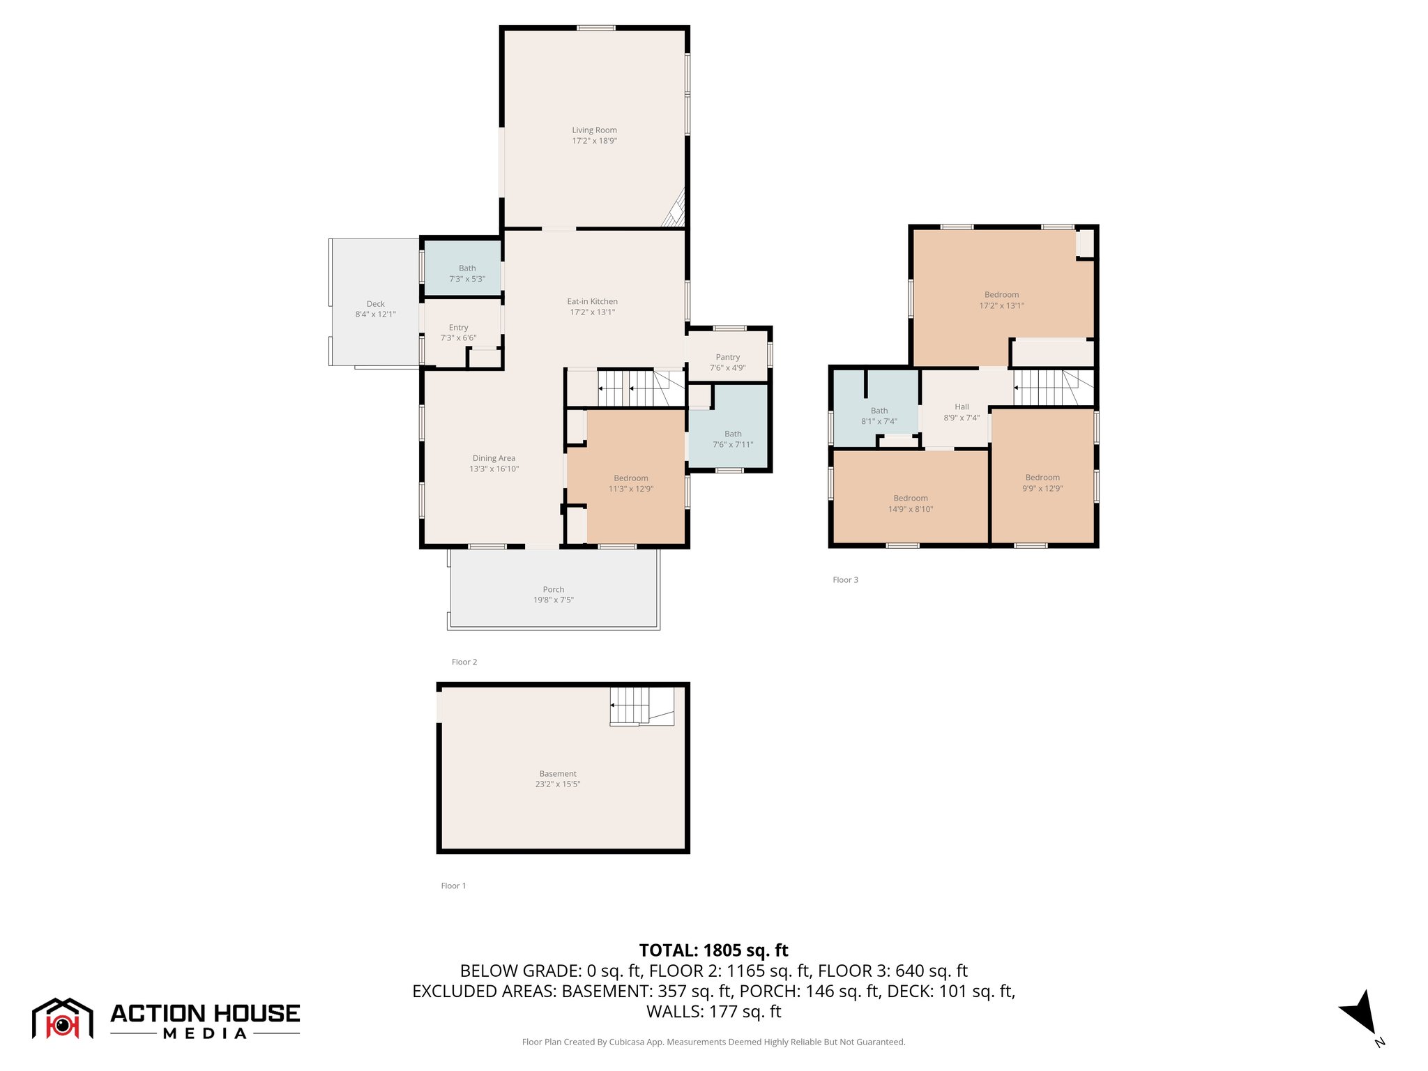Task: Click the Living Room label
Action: coord(594,130)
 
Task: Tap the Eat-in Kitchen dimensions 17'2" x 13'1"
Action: coord(593,312)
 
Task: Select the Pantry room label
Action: coord(727,357)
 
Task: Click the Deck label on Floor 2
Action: coord(375,304)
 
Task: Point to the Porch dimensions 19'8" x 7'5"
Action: coord(554,600)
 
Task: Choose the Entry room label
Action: coord(458,328)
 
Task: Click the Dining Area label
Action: coord(494,458)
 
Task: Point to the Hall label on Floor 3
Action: coord(962,407)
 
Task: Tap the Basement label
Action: coord(558,774)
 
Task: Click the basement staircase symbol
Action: coord(641,706)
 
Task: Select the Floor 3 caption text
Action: coord(845,580)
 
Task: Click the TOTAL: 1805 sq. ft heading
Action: coord(713,950)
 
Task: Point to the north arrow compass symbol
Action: coord(1360,1013)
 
